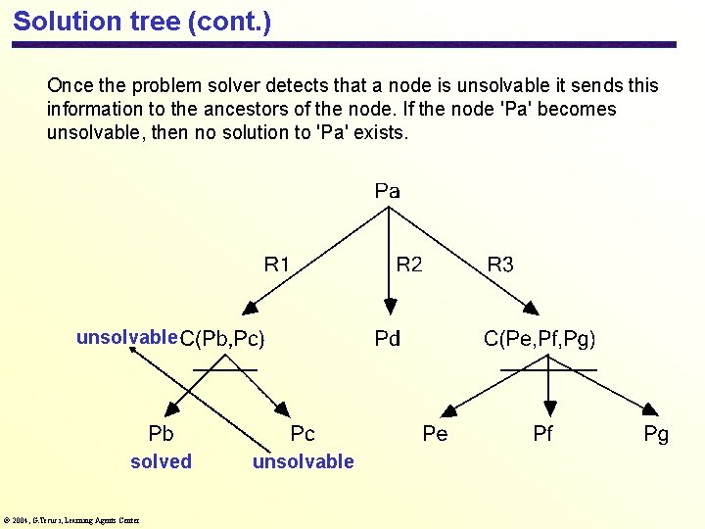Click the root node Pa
(387, 191)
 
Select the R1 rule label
(277, 264)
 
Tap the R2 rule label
(408, 264)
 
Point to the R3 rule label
(499, 264)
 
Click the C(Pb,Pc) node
(222, 340)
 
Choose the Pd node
(388, 339)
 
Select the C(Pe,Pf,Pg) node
(540, 339)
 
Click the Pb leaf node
(161, 433)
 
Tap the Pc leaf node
(303, 433)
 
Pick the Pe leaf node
(435, 433)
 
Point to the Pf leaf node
(543, 433)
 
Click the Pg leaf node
(656, 433)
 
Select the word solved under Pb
(161, 461)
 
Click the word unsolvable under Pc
(303, 461)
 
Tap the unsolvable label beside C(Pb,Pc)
(126, 338)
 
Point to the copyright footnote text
(70, 520)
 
